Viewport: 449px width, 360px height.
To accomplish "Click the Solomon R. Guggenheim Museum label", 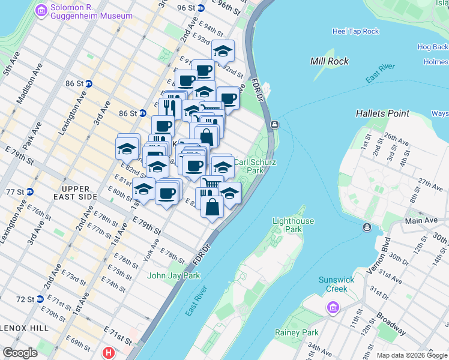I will pyautogui.click(x=91, y=11).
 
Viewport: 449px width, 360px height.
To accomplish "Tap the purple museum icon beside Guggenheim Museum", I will pyautogui.click(x=41, y=10).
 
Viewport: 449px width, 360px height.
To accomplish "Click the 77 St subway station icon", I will pyautogui.click(x=29, y=192).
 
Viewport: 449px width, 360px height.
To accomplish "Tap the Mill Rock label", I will pyautogui.click(x=330, y=61).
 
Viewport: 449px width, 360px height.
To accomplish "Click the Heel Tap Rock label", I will pyautogui.click(x=356, y=31).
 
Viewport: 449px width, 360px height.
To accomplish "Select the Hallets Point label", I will pyautogui.click(x=382, y=113).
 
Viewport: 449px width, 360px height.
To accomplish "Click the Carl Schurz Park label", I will pyautogui.click(x=249, y=166).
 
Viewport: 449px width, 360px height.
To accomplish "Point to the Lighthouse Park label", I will pyautogui.click(x=293, y=225).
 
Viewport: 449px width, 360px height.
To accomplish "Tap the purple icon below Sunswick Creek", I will pyautogui.click(x=331, y=308).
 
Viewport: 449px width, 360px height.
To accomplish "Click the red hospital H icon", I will pyautogui.click(x=109, y=352).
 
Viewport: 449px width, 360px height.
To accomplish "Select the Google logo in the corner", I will pyautogui.click(x=20, y=353).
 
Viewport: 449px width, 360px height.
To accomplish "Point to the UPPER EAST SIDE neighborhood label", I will pyautogui.click(x=74, y=192).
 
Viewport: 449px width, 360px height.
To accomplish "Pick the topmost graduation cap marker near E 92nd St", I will pyautogui.click(x=223, y=52).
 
